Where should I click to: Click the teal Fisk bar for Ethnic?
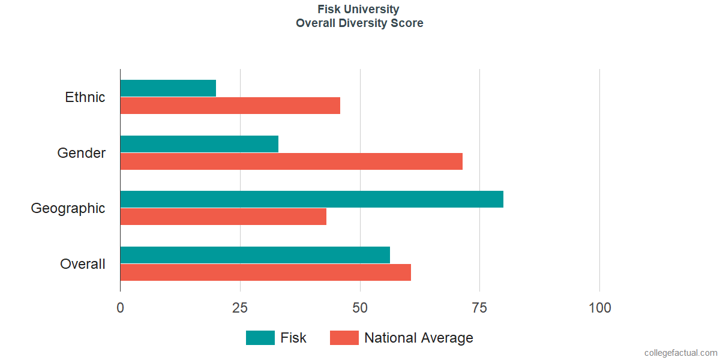point(168,88)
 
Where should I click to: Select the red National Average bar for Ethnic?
point(230,106)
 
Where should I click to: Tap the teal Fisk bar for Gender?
point(199,143)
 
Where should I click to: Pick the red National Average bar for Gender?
point(292,161)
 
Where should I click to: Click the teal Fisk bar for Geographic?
point(312,199)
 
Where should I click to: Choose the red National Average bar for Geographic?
point(223,217)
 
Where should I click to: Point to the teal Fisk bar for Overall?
point(255,255)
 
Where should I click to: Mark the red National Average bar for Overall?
point(265,272)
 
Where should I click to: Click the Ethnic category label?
point(85,97)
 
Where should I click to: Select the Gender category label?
point(82,152)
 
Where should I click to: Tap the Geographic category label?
point(68,209)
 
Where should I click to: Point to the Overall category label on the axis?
point(83,264)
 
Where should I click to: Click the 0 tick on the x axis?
point(120,308)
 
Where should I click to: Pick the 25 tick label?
point(240,308)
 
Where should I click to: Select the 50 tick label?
point(359,308)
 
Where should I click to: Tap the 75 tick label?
point(479,308)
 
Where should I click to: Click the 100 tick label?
point(599,308)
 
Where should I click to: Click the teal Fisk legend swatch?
point(260,338)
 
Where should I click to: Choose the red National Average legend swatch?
point(344,338)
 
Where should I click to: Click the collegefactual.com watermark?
point(681,353)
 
